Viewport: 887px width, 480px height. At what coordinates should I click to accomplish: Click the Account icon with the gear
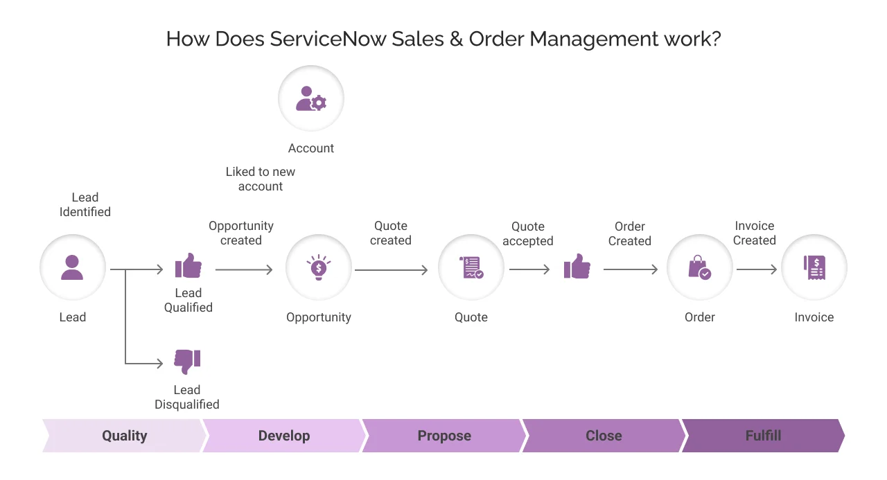click(x=311, y=99)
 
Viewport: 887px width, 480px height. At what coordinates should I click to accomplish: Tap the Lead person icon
click(x=72, y=267)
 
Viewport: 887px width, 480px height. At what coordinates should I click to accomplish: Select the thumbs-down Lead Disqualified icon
click(x=187, y=361)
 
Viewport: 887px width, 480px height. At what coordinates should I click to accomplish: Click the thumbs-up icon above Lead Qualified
click(x=188, y=265)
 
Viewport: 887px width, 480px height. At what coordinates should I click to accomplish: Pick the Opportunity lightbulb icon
click(x=319, y=267)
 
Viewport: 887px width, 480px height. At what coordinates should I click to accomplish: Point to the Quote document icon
click(x=471, y=267)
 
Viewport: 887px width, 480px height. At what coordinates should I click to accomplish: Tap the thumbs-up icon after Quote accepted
click(x=577, y=266)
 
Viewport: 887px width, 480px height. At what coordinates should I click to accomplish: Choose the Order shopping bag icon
click(x=699, y=267)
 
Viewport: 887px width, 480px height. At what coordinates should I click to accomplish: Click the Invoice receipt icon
click(x=814, y=267)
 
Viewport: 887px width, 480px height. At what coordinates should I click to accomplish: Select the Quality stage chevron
click(x=125, y=436)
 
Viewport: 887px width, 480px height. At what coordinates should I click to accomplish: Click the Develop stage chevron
click(x=284, y=436)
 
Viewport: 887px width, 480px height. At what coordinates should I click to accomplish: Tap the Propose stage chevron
click(x=444, y=436)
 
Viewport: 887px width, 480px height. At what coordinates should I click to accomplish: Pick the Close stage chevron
click(x=604, y=436)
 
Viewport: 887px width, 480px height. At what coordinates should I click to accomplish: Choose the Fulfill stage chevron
click(x=763, y=436)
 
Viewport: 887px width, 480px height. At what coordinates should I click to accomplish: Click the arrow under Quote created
click(x=392, y=270)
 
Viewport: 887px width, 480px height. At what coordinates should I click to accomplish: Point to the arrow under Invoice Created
click(x=757, y=270)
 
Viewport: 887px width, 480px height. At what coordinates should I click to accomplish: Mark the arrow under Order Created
click(x=631, y=270)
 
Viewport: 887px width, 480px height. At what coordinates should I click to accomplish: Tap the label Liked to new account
click(x=261, y=179)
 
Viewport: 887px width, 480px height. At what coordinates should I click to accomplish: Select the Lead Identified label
click(x=85, y=205)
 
